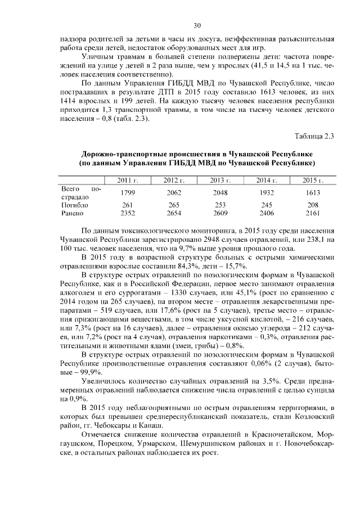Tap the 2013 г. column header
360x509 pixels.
pos(220,179)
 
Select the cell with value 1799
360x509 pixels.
pos(128,193)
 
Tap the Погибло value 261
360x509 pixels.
pos(128,205)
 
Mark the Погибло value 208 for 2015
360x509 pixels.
pos(313,205)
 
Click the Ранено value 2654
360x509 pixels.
pos(174,213)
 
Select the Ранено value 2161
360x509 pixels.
pos(313,213)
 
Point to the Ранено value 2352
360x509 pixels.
pos(128,213)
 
